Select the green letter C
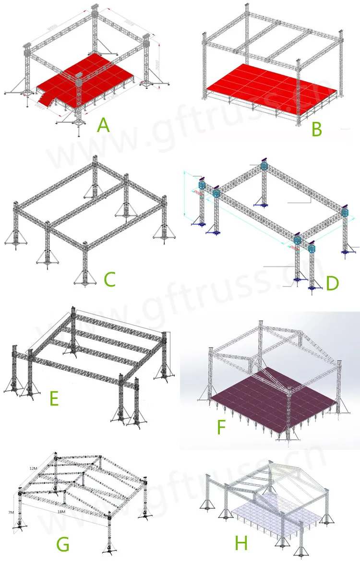pyautogui.click(x=110, y=278)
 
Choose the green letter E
pyautogui.click(x=54, y=398)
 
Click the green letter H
pyautogui.click(x=241, y=544)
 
